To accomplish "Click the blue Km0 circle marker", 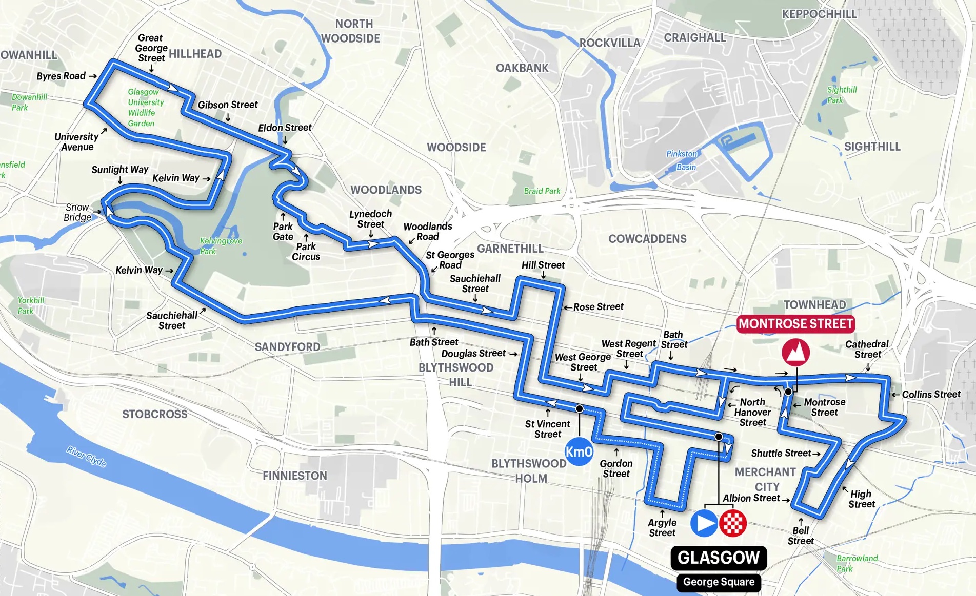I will click(x=579, y=451).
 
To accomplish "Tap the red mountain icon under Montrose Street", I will click(x=795, y=352).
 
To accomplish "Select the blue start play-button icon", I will click(x=704, y=523).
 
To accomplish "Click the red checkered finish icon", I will click(x=732, y=523).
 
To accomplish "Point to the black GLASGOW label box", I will click(x=719, y=558).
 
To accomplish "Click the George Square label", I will click(x=719, y=582).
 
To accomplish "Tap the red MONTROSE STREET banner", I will click(x=795, y=324).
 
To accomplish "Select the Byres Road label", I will click(x=61, y=76).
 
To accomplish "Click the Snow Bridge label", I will click(x=77, y=212).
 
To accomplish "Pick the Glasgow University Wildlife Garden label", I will click(x=145, y=108).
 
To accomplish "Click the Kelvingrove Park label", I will click(x=221, y=246).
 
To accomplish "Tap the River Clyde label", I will click(x=86, y=456).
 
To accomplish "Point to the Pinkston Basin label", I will click(x=682, y=160).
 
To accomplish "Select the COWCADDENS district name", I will click(x=647, y=239).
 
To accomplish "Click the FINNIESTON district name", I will click(x=295, y=476).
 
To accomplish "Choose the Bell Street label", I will click(x=801, y=536).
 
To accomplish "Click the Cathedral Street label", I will click(x=867, y=349).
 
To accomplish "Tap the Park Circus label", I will click(x=306, y=252).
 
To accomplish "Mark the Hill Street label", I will click(x=543, y=265).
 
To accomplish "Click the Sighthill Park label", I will click(x=841, y=95).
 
